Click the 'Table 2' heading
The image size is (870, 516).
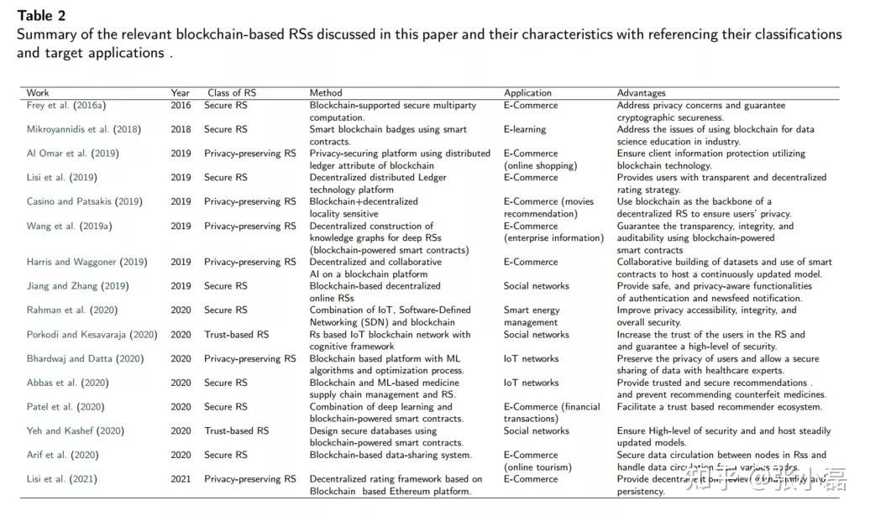coord(41,16)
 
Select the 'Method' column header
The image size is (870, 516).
coord(326,93)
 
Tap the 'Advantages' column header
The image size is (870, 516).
coord(641,93)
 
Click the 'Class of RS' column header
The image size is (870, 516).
coord(232,93)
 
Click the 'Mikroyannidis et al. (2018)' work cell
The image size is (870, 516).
coord(83,130)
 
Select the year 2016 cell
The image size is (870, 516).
coord(181,106)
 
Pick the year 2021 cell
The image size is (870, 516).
coord(181,480)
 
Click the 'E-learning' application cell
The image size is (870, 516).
coord(525,130)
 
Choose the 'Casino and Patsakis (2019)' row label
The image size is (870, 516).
coord(84,202)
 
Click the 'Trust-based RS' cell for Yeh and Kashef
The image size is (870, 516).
coord(236,431)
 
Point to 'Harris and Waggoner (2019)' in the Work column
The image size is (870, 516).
coord(86,263)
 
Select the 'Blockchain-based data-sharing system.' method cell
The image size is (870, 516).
coord(390,456)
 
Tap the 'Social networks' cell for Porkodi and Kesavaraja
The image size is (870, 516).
coord(536,335)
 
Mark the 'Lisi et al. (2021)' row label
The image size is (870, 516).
coord(61,480)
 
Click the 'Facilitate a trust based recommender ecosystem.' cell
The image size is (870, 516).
coord(720,407)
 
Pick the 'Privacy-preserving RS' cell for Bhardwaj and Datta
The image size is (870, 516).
coord(249,359)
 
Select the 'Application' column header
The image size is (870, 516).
coord(527,93)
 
